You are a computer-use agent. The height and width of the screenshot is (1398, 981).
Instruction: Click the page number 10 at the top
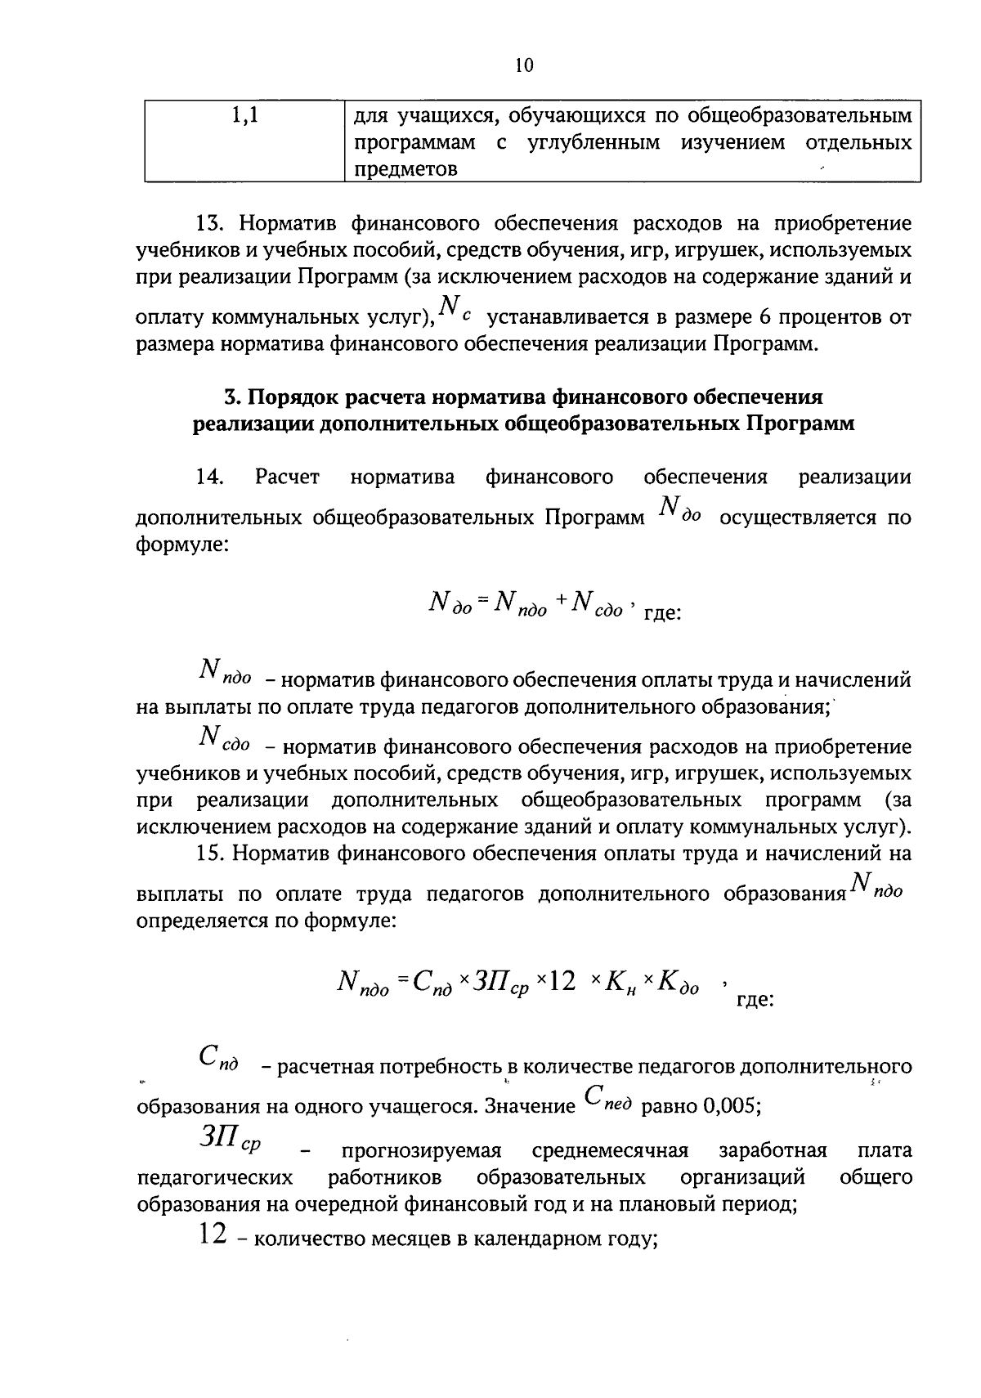point(524,66)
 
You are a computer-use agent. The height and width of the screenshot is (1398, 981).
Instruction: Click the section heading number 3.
point(231,397)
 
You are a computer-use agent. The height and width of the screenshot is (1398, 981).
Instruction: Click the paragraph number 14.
point(209,477)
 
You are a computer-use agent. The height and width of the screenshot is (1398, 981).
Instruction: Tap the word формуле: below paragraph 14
point(181,544)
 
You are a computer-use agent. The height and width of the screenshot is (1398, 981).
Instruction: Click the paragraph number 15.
point(209,854)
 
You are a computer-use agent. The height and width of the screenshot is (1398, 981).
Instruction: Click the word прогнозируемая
point(420,1151)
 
